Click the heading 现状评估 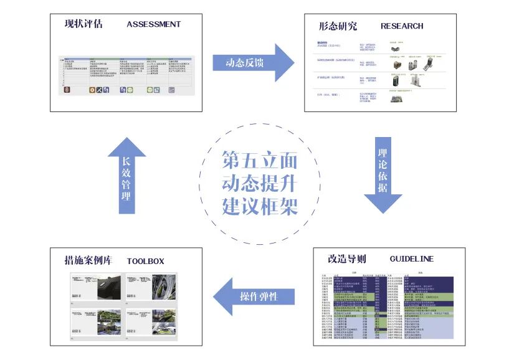click(x=83, y=25)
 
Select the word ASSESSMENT click(x=153, y=25)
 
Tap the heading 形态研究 click(x=338, y=26)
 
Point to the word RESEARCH click(x=402, y=26)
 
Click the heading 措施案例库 click(x=88, y=260)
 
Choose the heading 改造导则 click(x=346, y=258)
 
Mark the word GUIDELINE click(x=412, y=258)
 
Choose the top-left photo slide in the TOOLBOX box click(x=94, y=289)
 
